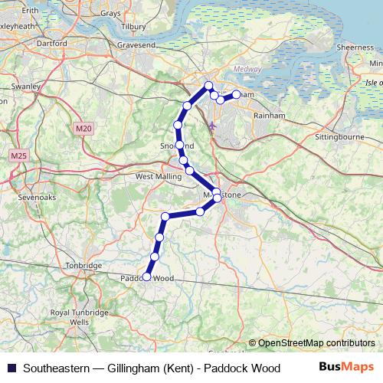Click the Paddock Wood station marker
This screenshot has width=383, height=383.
click(x=146, y=277)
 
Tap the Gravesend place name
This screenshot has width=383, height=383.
click(x=136, y=45)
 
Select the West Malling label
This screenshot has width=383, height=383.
click(x=159, y=176)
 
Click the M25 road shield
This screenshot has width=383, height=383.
click(x=18, y=155)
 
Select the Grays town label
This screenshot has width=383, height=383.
click(x=110, y=13)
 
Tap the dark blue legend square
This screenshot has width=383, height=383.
click(x=11, y=367)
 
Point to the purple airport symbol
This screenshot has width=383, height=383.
click(x=212, y=124)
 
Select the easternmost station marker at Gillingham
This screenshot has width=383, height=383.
click(x=236, y=94)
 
